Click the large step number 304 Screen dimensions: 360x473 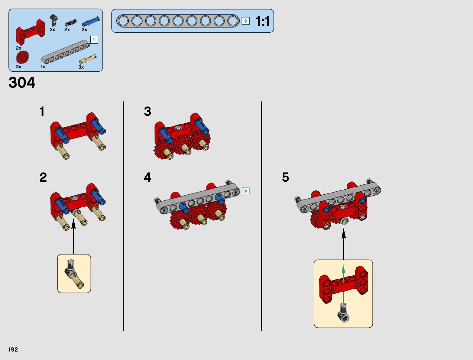(22, 83)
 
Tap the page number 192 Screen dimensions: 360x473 (13, 349)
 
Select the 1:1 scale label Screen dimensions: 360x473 (263, 21)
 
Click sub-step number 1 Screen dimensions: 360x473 (42, 112)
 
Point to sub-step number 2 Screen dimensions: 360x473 (43, 177)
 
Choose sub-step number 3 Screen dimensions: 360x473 (147, 112)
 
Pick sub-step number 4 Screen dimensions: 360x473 (147, 177)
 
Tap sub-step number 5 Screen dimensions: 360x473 (286, 177)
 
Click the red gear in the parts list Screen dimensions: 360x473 (22, 57)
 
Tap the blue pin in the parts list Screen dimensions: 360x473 (90, 21)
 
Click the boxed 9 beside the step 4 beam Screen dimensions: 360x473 (245, 191)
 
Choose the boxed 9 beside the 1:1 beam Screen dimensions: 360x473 (245, 21)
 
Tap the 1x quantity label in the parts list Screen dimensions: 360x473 (43, 67)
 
